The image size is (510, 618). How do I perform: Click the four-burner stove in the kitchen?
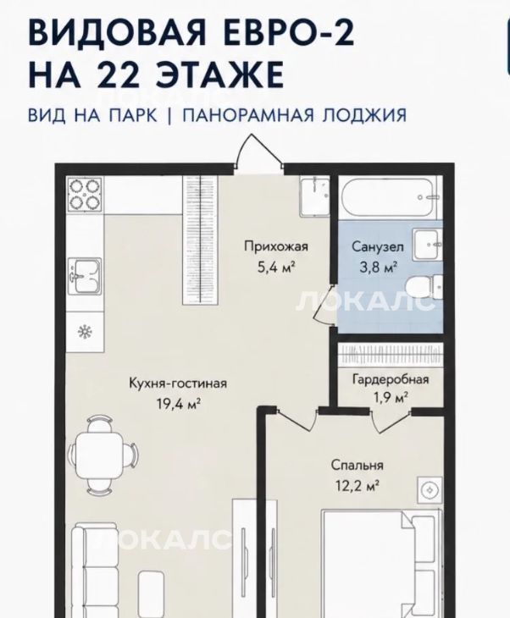pyautogui.click(x=85, y=195)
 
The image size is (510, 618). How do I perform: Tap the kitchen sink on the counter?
pyautogui.click(x=85, y=276)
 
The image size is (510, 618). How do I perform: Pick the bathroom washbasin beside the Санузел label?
pyautogui.click(x=428, y=246)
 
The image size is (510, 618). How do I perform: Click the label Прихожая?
pyautogui.click(x=276, y=246)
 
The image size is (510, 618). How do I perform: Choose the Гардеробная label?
pyautogui.click(x=390, y=379)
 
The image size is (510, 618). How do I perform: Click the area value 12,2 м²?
pyautogui.click(x=358, y=486)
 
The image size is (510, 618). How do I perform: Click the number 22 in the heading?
pyautogui.click(x=119, y=74)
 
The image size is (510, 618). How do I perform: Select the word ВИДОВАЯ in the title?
pyautogui.click(x=117, y=33)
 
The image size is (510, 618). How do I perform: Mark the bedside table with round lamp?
pyautogui.click(x=430, y=490)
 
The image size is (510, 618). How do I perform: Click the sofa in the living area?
pyautogui.click(x=95, y=570)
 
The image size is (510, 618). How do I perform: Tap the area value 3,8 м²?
pyautogui.click(x=378, y=268)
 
